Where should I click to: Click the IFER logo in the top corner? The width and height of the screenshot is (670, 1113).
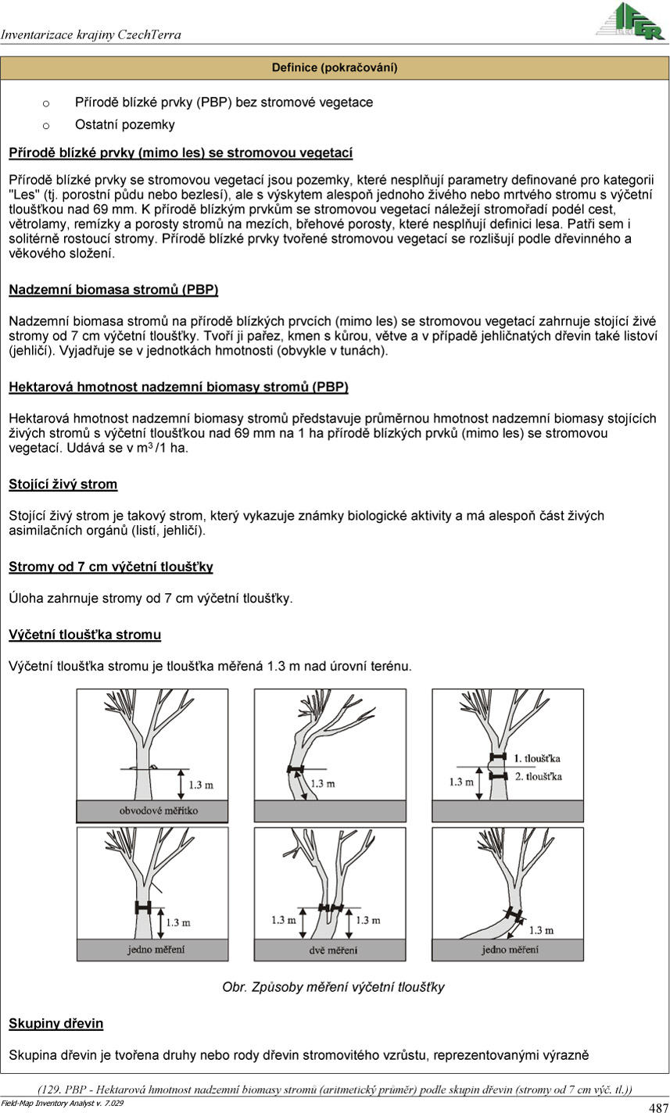[629, 21]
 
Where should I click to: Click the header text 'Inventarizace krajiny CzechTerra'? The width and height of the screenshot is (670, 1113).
[91, 35]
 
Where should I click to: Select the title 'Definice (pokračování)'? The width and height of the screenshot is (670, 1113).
[335, 68]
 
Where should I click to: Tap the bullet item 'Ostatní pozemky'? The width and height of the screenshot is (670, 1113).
[125, 124]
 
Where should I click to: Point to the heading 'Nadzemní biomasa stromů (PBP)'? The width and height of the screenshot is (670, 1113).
[113, 290]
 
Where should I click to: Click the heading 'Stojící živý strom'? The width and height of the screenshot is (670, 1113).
[63, 485]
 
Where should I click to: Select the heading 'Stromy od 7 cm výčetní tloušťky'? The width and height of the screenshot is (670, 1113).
[111, 567]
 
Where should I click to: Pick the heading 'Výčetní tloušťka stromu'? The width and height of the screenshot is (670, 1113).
[85, 635]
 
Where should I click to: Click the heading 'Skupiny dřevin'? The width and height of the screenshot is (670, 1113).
[56, 1023]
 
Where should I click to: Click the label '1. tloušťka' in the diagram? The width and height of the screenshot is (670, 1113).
[538, 758]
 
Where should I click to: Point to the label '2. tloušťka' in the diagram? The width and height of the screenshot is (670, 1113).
[538, 777]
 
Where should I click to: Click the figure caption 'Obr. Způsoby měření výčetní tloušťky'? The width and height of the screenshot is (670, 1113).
[334, 987]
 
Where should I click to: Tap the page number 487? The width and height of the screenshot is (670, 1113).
[658, 1107]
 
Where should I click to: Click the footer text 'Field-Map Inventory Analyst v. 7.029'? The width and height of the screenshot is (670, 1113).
[63, 1103]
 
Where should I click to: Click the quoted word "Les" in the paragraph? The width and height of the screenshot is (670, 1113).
[22, 194]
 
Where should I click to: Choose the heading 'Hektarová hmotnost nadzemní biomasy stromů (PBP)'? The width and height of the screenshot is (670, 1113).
[179, 388]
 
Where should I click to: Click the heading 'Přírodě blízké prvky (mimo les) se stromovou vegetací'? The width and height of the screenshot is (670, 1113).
[181, 152]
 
